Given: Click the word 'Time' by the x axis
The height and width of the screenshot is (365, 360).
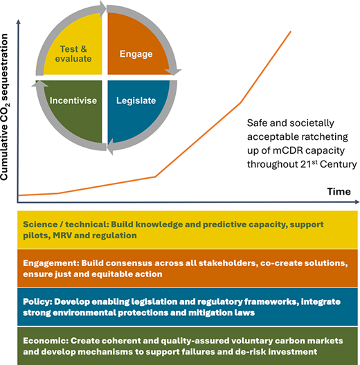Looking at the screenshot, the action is click(x=339, y=192).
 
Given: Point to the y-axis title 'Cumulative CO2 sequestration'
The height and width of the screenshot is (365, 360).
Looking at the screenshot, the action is click(x=4, y=107).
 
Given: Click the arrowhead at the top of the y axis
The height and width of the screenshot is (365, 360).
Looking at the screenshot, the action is click(x=19, y=21).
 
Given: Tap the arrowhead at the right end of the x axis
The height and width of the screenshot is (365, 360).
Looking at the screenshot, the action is click(x=357, y=202).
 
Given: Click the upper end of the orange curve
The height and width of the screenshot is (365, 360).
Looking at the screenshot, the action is click(x=291, y=32).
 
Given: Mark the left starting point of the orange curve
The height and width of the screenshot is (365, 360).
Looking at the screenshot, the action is click(x=19, y=195).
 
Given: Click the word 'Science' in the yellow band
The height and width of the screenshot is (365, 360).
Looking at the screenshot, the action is click(x=40, y=224).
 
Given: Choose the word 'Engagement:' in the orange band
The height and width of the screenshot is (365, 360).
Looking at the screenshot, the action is click(x=51, y=263).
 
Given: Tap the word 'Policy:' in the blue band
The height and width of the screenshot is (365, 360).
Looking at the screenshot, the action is click(x=37, y=302).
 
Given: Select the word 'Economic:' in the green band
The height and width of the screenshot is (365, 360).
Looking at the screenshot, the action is click(x=46, y=341).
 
